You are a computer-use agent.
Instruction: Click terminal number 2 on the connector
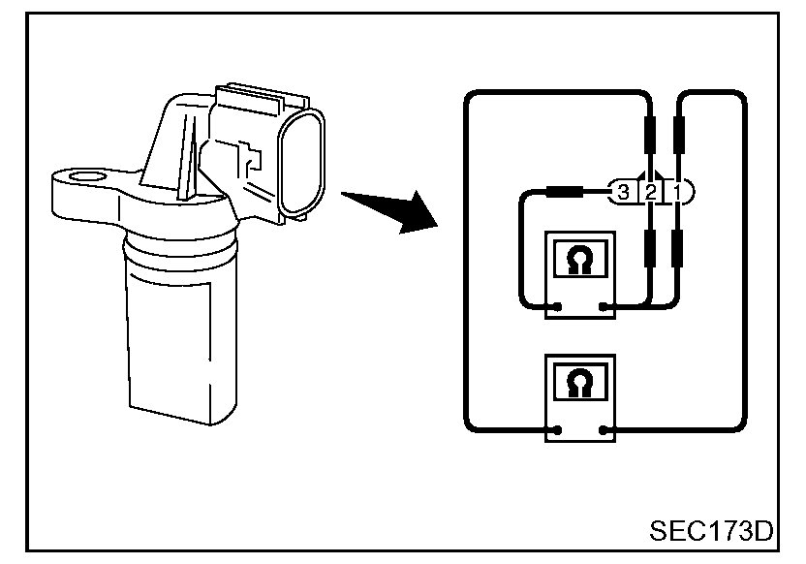(x=651, y=193)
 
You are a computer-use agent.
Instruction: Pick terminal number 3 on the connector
(x=624, y=193)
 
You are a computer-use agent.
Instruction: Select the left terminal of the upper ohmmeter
(x=558, y=308)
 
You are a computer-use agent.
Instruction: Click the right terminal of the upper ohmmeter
(x=604, y=308)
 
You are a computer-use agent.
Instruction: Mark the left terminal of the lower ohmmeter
(x=558, y=429)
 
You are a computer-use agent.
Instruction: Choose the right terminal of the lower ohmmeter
(x=604, y=429)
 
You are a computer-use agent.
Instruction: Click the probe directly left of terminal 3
(x=563, y=193)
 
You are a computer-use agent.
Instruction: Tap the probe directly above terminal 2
(x=650, y=131)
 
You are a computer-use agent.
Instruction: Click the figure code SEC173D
(x=712, y=532)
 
